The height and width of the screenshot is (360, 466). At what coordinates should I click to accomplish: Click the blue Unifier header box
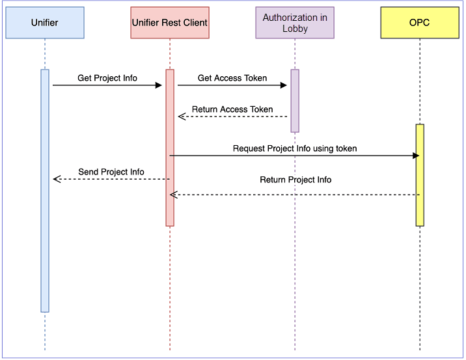[x=44, y=23]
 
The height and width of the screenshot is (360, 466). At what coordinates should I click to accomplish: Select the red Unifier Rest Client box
[x=169, y=23]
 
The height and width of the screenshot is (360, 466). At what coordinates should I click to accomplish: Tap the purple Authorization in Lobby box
[x=295, y=23]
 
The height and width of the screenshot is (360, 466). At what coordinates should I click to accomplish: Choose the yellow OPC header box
[x=420, y=23]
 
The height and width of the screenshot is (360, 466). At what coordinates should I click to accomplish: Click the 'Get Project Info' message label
[x=107, y=78]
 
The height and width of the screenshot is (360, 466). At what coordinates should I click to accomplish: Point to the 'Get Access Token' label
[x=232, y=78]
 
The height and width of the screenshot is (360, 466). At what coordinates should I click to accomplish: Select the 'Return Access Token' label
[x=232, y=109]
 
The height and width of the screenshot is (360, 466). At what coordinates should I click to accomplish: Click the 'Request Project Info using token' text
[x=295, y=148]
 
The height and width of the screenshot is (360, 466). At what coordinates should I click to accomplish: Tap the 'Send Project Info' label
[x=111, y=172]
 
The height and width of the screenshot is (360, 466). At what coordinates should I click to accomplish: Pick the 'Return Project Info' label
[x=295, y=180]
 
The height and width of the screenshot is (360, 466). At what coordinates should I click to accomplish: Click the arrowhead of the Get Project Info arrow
[x=158, y=85]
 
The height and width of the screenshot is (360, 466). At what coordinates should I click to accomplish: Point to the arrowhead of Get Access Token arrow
[x=283, y=85]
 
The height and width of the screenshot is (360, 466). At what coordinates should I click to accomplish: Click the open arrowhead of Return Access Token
[x=182, y=117]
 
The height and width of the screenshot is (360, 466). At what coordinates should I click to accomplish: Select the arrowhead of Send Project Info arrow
[x=57, y=179]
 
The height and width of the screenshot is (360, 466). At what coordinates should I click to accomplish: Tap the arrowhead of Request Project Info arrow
[x=416, y=156]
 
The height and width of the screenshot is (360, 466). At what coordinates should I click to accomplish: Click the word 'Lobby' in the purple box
[x=295, y=29]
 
